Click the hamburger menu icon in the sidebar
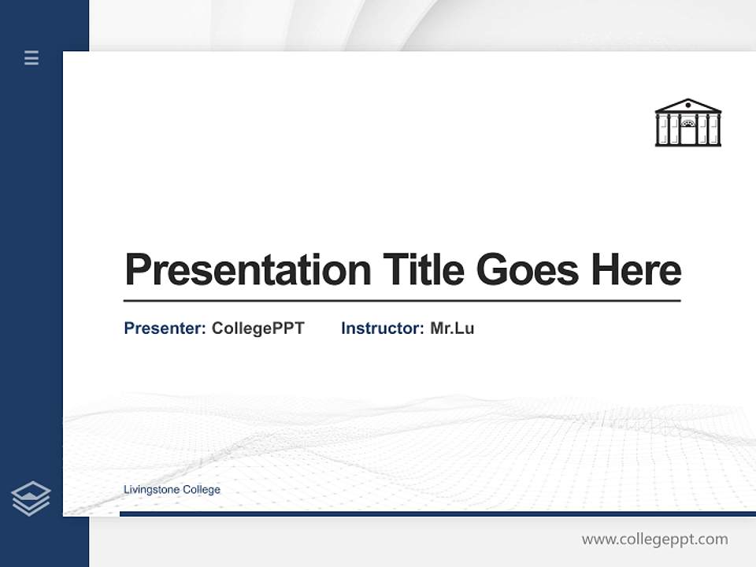[31, 57]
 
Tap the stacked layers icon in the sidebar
[31, 498]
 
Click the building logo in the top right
[687, 123]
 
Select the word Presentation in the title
[247, 270]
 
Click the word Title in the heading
[424, 269]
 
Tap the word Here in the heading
[636, 269]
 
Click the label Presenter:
[165, 328]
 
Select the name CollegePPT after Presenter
[258, 328]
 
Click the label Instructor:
[382, 328]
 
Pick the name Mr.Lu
[452, 328]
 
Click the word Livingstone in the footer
[151, 490]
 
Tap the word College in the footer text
[202, 490]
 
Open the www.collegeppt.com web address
[654, 539]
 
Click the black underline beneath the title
[402, 301]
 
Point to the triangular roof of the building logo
[687, 106]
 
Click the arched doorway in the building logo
[688, 125]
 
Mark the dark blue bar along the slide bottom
[437, 513]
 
